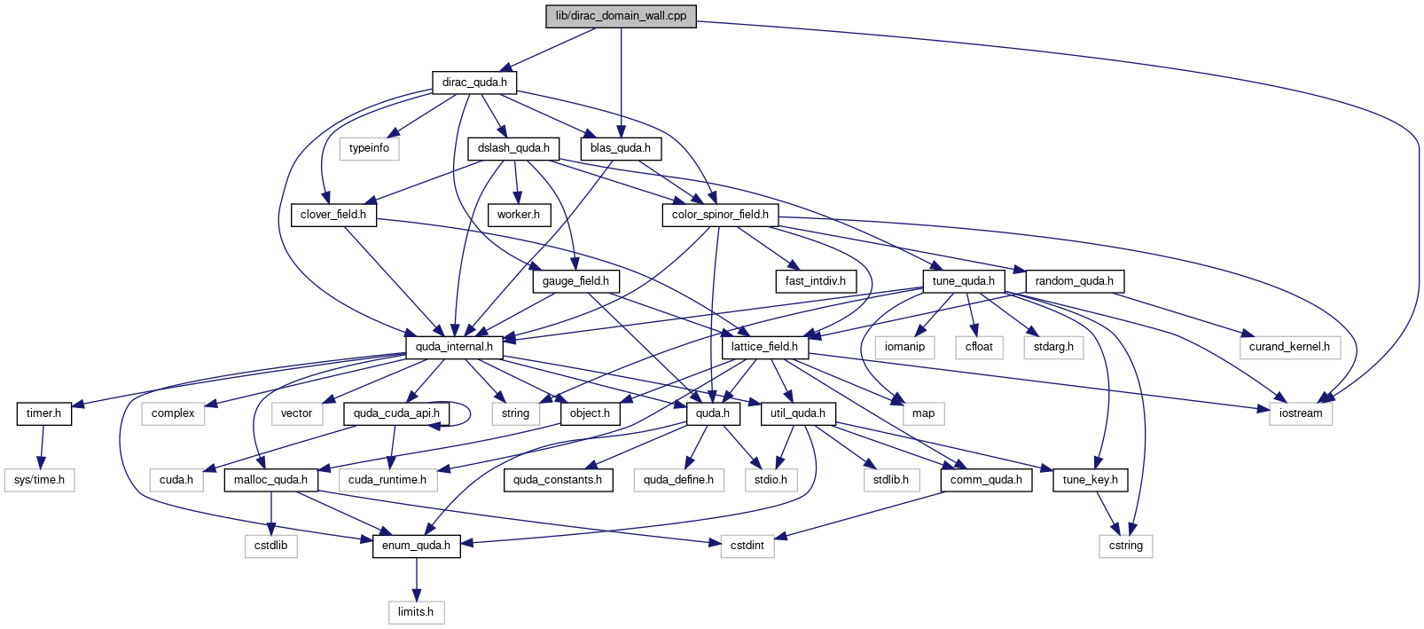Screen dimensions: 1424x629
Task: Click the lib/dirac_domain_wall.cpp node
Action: pyautogui.click(x=621, y=16)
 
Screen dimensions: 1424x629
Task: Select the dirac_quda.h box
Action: pyautogui.click(x=474, y=83)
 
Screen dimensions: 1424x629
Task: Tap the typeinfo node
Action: pyautogui.click(x=369, y=148)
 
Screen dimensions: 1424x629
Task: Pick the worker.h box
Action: pyautogui.click(x=518, y=215)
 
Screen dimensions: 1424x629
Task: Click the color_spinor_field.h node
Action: pyautogui.click(x=720, y=215)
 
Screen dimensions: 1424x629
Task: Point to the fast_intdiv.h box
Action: pyautogui.click(x=816, y=281)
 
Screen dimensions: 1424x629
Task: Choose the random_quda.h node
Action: pyautogui.click(x=1075, y=281)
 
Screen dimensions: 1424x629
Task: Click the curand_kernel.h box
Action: pyautogui.click(x=1289, y=347)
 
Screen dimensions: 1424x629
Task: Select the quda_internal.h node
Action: pyautogui.click(x=454, y=347)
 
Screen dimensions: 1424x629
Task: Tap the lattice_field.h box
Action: pyautogui.click(x=765, y=347)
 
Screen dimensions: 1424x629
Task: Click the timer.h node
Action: pyautogui.click(x=43, y=413)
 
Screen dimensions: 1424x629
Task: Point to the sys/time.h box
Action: pyautogui.click(x=39, y=480)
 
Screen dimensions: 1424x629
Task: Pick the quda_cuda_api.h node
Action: pyautogui.click(x=396, y=413)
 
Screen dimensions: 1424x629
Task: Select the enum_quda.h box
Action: pyautogui.click(x=417, y=546)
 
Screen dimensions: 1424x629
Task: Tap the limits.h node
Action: pyautogui.click(x=417, y=612)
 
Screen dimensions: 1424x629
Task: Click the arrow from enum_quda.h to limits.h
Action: pyautogui.click(x=417, y=578)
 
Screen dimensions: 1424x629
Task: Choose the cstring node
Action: pyautogui.click(x=1126, y=546)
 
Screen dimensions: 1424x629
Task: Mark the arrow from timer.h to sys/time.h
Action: pyautogui.click(x=42, y=446)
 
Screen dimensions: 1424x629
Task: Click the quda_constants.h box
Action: pyautogui.click(x=558, y=480)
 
